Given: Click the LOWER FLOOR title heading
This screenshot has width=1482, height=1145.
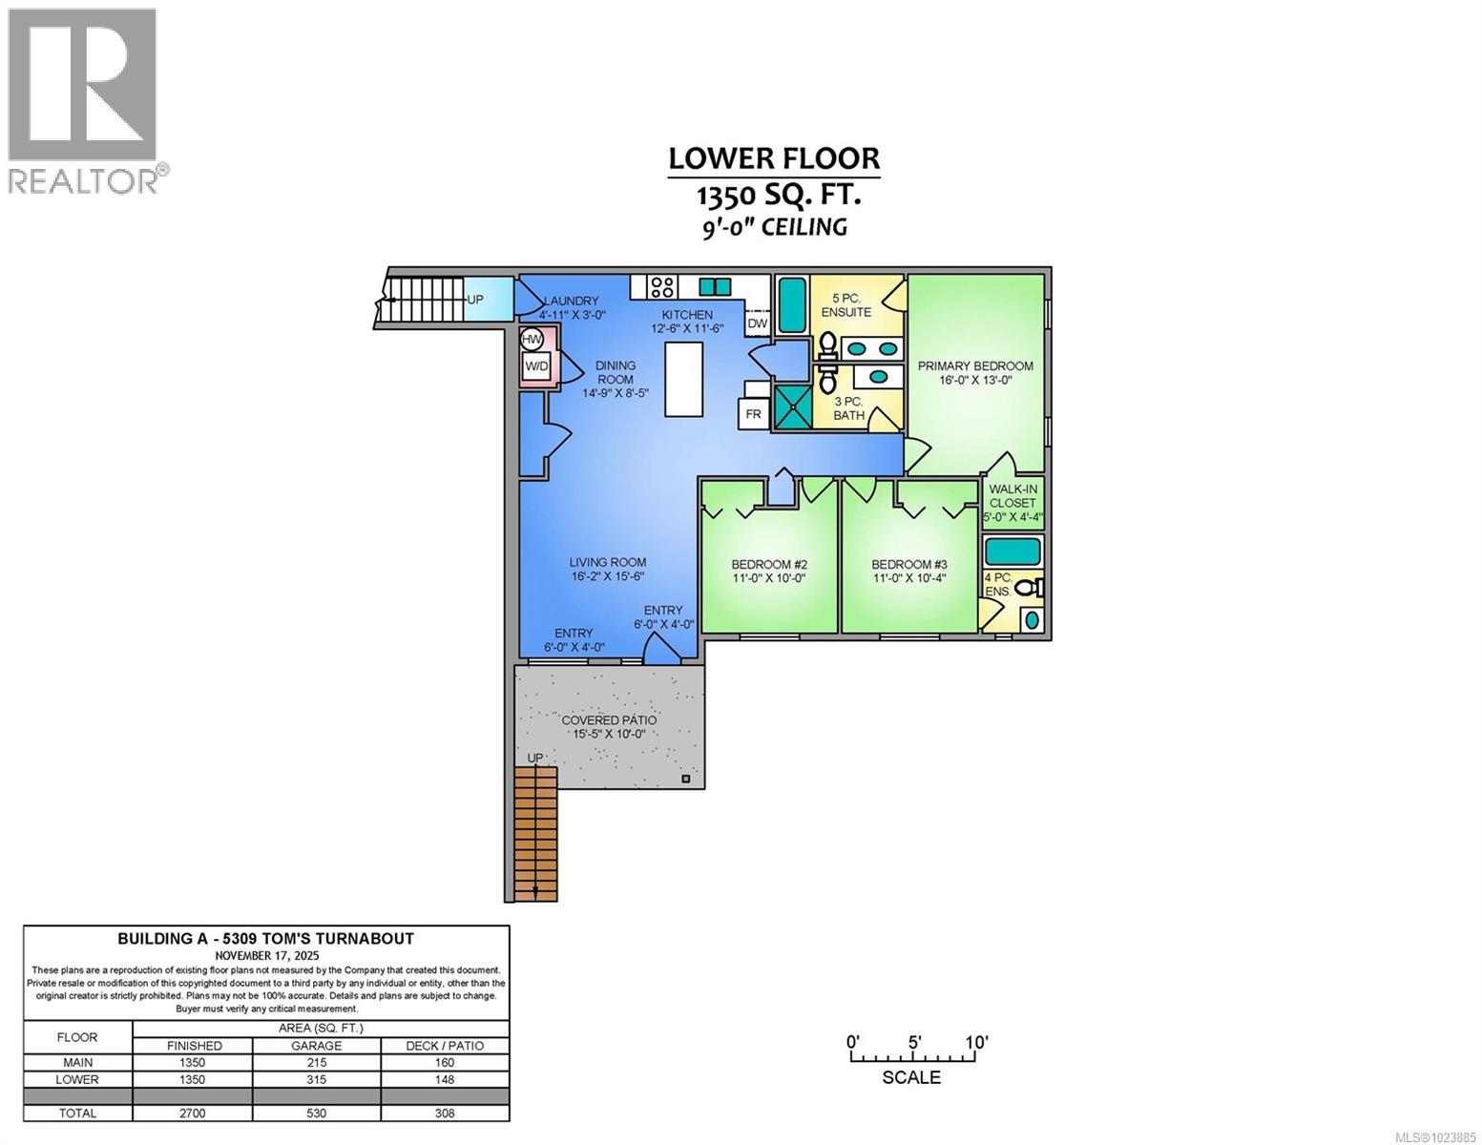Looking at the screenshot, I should pos(773,158).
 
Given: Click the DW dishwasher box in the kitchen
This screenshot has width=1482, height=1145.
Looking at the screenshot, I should pos(757,323).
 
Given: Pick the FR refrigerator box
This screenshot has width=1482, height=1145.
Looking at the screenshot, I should pos(753,414).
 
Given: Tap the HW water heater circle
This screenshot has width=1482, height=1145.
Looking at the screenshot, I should pos(532,339).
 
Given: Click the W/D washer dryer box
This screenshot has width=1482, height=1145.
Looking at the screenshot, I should pos(536,366).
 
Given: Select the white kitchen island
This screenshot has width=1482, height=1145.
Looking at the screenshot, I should pos(683,378).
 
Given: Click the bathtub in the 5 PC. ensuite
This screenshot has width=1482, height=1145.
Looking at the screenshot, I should pos(790,304).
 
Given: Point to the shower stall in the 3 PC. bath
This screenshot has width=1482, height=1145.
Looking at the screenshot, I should pos(791,406).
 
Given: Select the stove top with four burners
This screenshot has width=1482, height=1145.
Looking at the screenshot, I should pos(662,286).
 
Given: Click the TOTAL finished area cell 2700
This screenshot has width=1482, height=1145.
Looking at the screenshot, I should pos(193,1113).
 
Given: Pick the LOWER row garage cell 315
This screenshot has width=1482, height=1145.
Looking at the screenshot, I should pos(317,1079).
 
